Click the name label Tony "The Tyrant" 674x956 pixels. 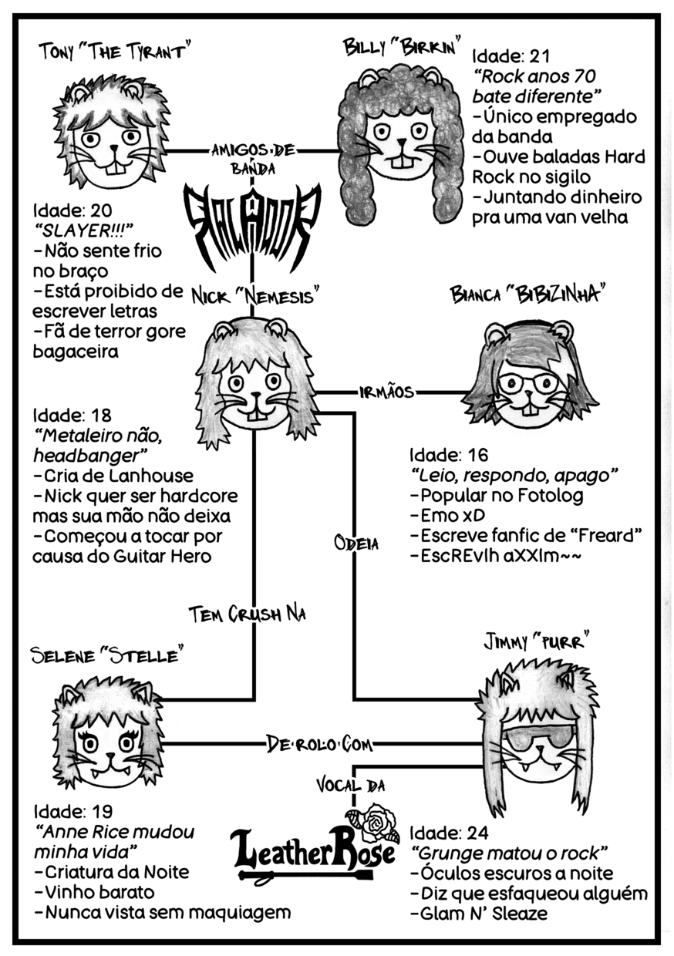tap(115, 51)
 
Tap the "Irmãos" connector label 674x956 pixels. tap(386, 392)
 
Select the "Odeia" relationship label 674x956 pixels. tap(356, 543)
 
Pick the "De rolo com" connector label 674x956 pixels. tap(319, 744)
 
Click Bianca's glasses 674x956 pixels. tap(528, 383)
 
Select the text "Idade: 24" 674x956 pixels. tap(447, 833)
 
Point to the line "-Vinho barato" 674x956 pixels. tap(95, 892)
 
